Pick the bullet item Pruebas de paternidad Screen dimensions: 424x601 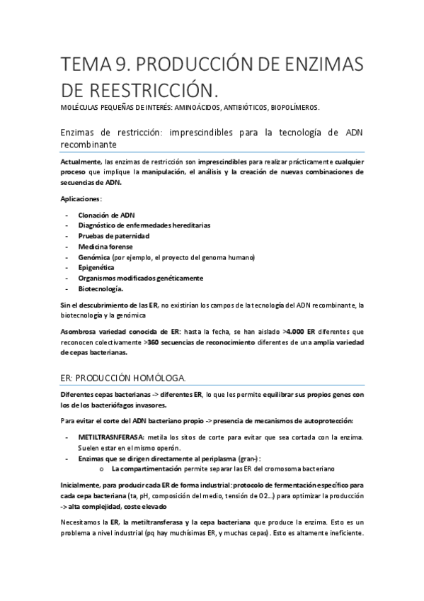(x=114, y=235)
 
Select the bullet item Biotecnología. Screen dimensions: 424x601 (x=101, y=288)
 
